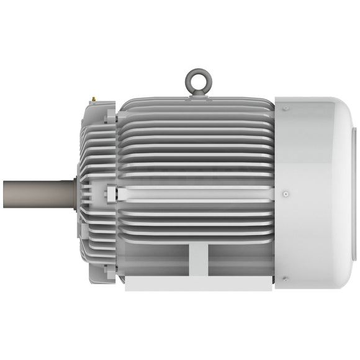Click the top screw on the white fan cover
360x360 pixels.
(286, 109)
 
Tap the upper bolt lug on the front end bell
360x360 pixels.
(110, 115)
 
